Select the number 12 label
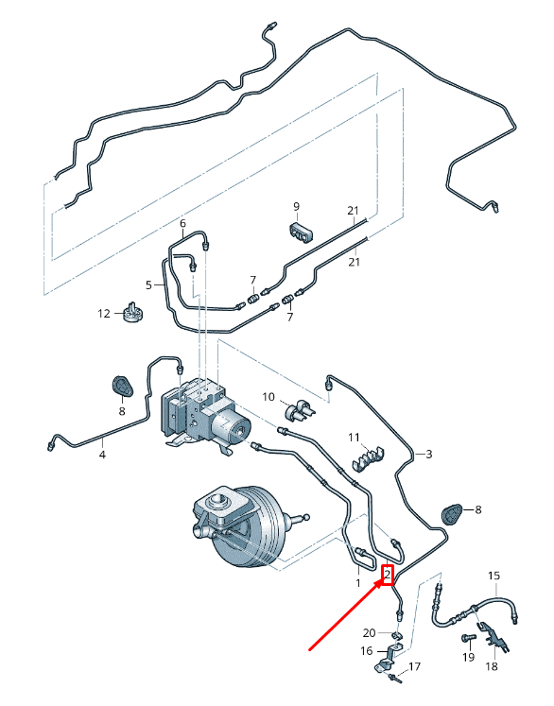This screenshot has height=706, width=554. pyautogui.click(x=106, y=313)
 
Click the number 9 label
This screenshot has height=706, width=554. pyautogui.click(x=296, y=206)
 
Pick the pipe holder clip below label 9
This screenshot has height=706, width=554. pyautogui.click(x=299, y=231)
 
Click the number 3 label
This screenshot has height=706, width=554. pyautogui.click(x=428, y=455)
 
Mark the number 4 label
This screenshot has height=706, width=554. pyautogui.click(x=103, y=456)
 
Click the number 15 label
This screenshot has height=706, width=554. pyautogui.click(x=493, y=576)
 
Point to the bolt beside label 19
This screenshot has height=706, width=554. pyautogui.click(x=465, y=641)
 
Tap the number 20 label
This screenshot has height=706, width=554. pyautogui.click(x=370, y=632)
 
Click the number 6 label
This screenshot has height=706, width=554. pyautogui.click(x=183, y=224)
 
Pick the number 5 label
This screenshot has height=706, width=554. pyautogui.click(x=148, y=284)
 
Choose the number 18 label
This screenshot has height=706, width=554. pyautogui.click(x=492, y=666)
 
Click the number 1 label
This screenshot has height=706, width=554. pyautogui.click(x=358, y=584)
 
